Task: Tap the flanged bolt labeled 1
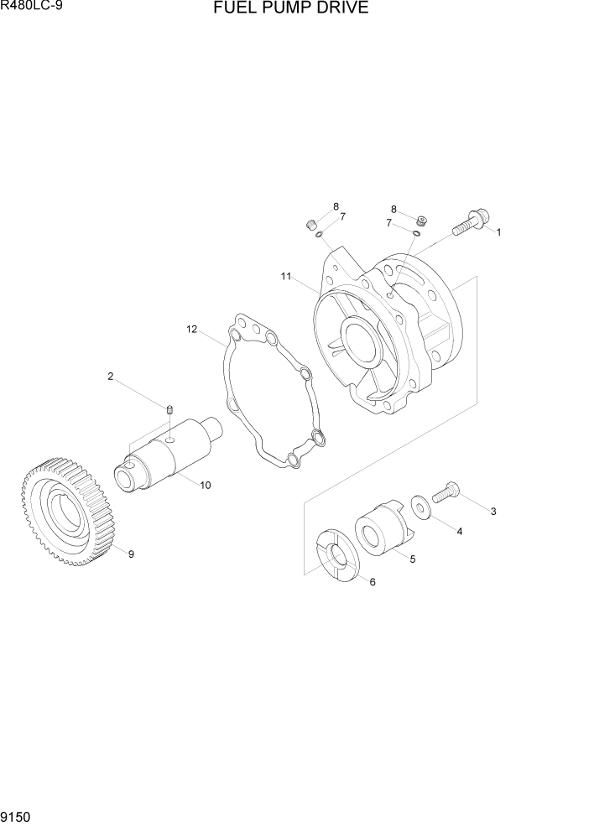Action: tap(466, 223)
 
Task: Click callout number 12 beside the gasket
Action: tap(191, 330)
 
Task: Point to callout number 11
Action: tap(286, 276)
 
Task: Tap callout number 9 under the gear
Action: tap(131, 553)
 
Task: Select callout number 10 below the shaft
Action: tap(205, 486)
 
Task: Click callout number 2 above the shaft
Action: tap(110, 377)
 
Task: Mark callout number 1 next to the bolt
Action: tap(498, 232)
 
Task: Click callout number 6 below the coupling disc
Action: tap(372, 582)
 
